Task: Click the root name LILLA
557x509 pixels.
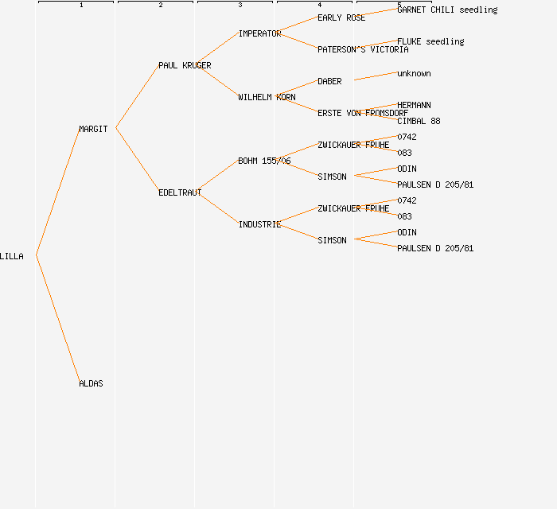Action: (12, 256)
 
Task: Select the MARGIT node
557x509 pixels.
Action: (93, 129)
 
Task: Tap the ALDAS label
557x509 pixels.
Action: (91, 383)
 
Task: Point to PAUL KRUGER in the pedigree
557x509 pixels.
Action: (185, 65)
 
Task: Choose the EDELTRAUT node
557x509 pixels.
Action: (180, 192)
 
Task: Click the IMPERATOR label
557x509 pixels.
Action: (259, 33)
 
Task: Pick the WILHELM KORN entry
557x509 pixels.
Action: (267, 97)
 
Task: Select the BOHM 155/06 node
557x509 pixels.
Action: (264, 161)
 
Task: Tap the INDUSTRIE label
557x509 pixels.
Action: (259, 224)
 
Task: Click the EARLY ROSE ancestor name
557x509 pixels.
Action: (341, 17)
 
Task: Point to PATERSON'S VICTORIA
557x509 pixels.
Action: (363, 49)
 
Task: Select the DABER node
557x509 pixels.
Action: (329, 81)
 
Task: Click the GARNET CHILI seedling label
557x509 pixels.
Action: (447, 10)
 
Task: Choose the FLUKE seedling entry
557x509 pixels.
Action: (430, 41)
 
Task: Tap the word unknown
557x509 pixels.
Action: (414, 73)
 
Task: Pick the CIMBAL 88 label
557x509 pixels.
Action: (419, 121)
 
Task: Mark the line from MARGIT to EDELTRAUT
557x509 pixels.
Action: (137, 160)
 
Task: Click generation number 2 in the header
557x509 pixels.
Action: (160, 6)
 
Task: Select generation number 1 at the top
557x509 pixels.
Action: (80, 6)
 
